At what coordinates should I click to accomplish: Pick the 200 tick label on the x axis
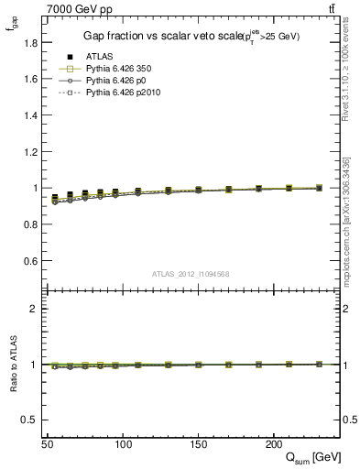(273, 443)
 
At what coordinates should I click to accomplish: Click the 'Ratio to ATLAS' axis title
(13, 365)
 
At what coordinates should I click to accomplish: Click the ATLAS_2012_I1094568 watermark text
(191, 274)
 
